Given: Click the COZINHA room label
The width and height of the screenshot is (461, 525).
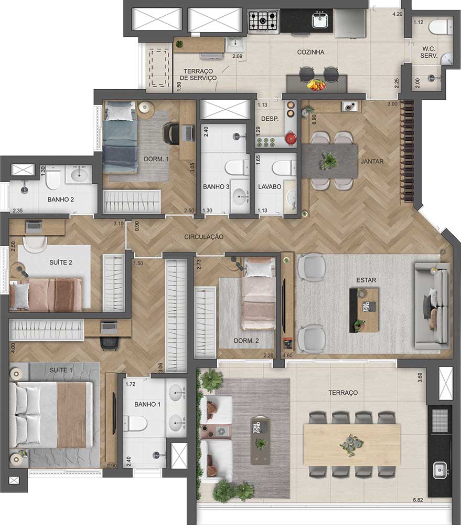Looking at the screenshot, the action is pyautogui.click(x=310, y=52).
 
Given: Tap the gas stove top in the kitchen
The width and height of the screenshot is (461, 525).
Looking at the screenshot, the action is pyautogui.click(x=264, y=22).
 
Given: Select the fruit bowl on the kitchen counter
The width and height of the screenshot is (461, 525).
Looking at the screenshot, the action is pyautogui.click(x=316, y=85).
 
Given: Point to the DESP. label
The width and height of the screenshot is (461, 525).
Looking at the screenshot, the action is pyautogui.click(x=270, y=119).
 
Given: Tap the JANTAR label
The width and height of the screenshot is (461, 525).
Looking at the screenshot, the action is pyautogui.click(x=372, y=161).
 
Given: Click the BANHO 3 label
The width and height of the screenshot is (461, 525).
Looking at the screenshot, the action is pyautogui.click(x=216, y=186).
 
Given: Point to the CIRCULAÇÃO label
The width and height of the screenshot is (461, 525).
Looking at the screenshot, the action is pyautogui.click(x=203, y=237).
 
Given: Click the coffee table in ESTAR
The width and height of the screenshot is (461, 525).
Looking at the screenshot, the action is pyautogui.click(x=364, y=310).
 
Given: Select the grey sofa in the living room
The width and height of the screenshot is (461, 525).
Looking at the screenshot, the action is pyautogui.click(x=432, y=306).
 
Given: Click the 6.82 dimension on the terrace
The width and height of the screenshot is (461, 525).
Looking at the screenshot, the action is pyautogui.click(x=418, y=500).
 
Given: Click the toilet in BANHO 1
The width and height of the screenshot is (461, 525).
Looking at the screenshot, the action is pyautogui.click(x=135, y=424).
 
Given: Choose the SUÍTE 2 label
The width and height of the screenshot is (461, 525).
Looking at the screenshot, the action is pyautogui.click(x=60, y=262).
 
